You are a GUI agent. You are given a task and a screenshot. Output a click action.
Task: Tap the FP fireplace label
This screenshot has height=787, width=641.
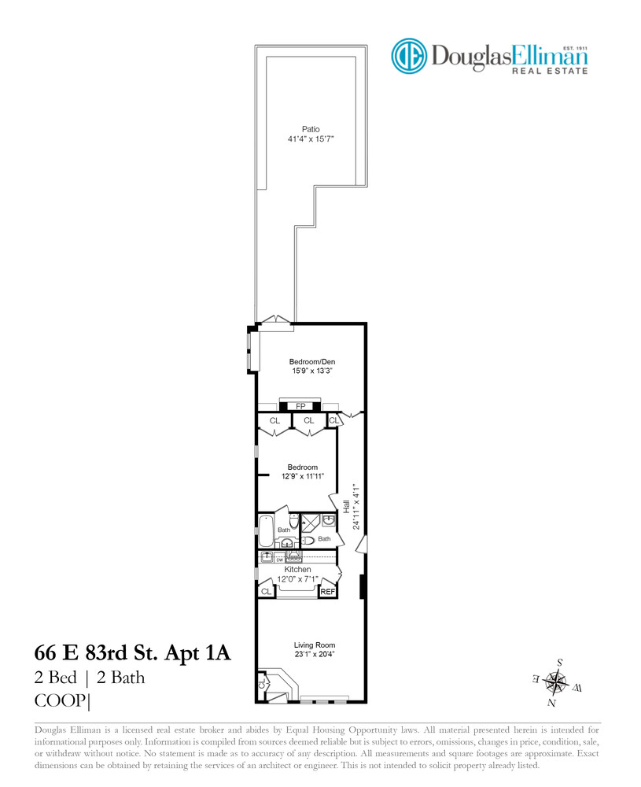click(x=300, y=407)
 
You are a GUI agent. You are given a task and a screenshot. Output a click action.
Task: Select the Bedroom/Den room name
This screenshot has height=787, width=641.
click(x=306, y=361)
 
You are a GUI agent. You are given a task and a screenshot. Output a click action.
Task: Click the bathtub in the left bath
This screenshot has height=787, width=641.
click(x=266, y=532)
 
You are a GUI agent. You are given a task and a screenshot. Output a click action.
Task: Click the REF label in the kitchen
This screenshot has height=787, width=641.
click(x=328, y=591)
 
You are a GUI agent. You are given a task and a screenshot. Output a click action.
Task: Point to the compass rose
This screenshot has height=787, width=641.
click(x=557, y=681)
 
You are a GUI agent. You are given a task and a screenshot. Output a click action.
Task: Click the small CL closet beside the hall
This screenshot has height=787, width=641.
click(x=333, y=421)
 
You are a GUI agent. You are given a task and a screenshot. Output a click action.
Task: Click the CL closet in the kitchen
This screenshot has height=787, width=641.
click(x=266, y=591)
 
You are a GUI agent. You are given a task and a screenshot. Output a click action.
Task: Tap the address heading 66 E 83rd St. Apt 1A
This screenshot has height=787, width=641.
click(x=132, y=653)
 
